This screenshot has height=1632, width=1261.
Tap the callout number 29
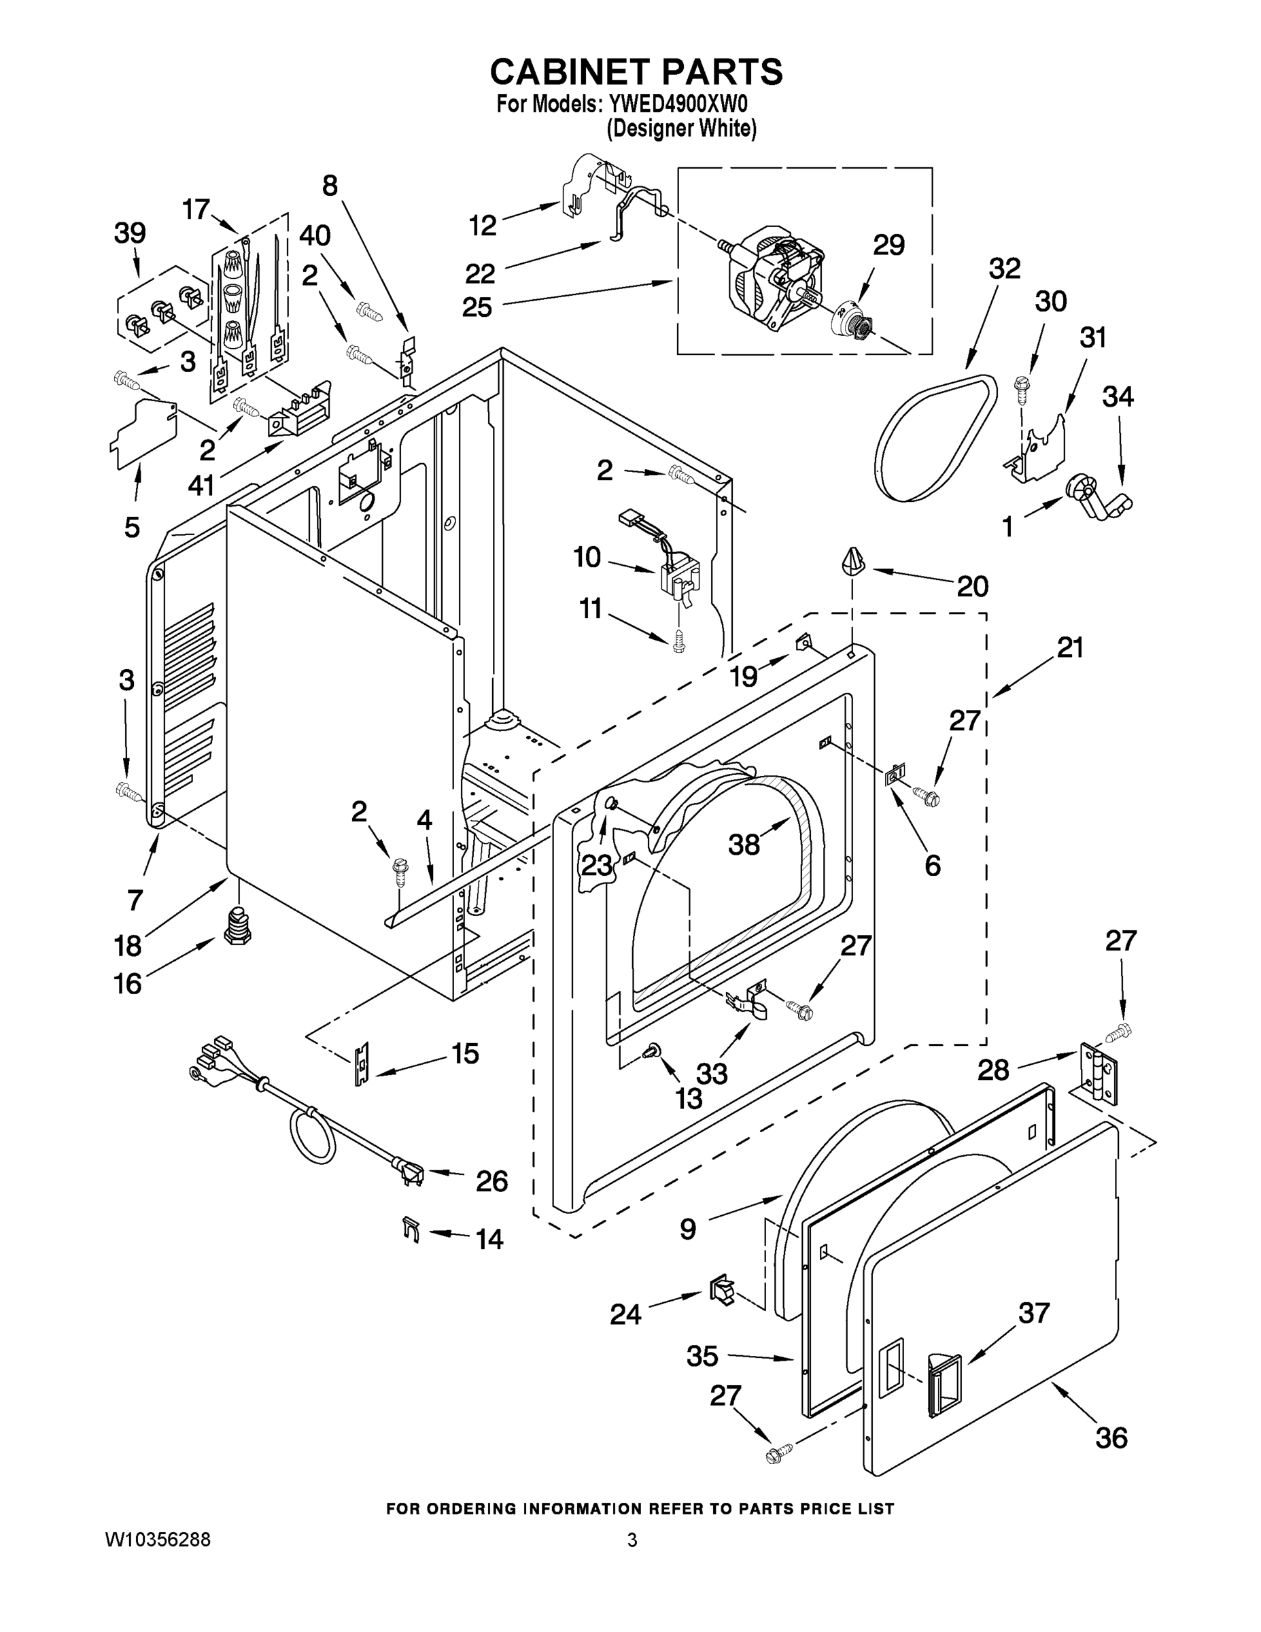(888, 244)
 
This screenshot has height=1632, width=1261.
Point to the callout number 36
(1111, 1437)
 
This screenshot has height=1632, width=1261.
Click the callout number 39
(129, 233)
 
